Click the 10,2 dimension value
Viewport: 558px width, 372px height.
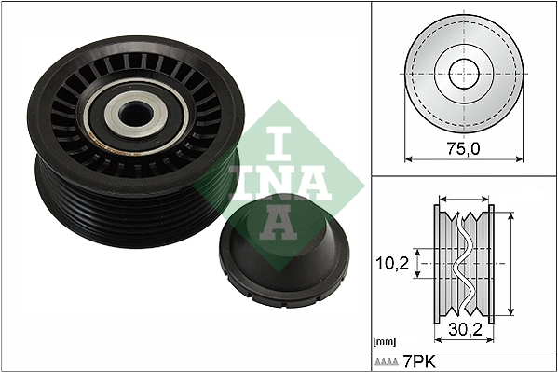coord(392,264)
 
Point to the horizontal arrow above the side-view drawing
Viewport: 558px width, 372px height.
coord(463,199)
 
